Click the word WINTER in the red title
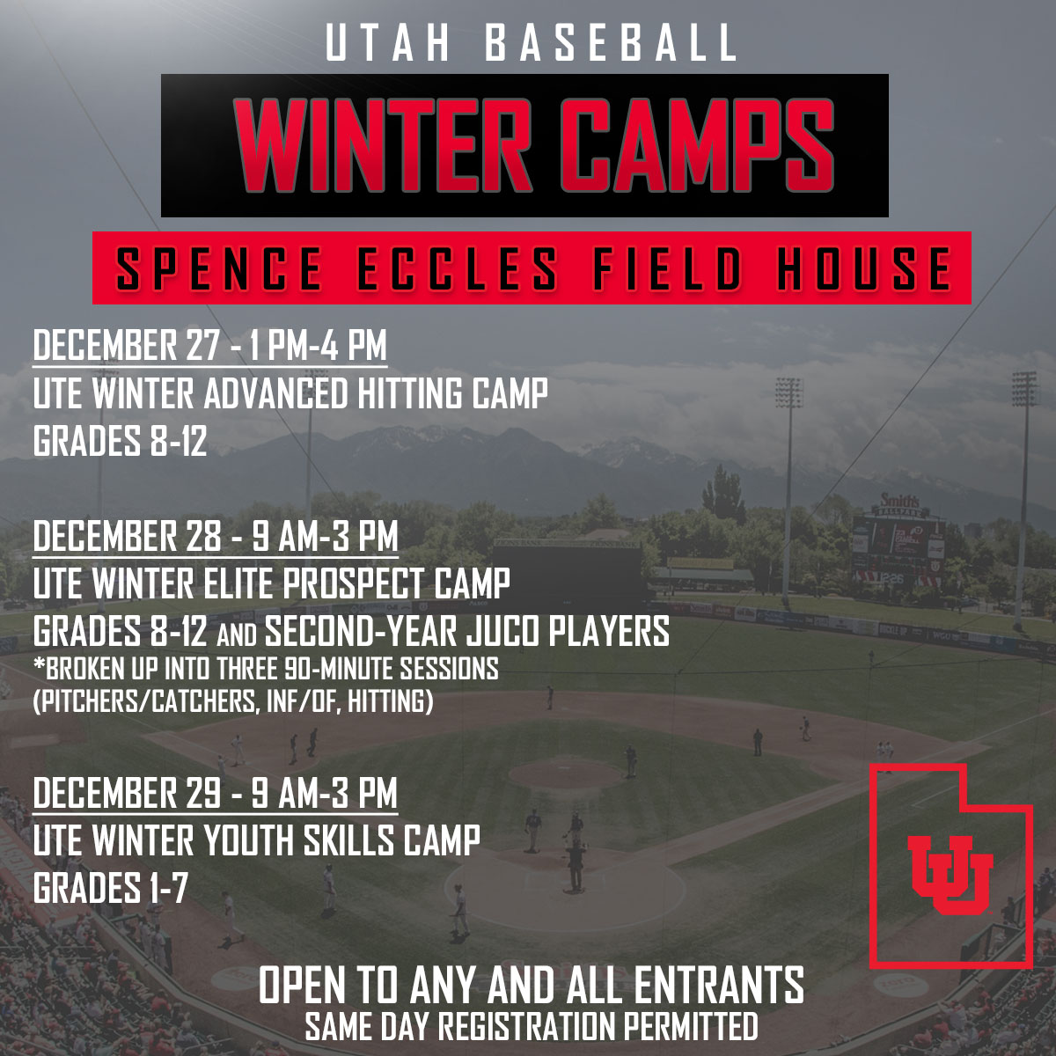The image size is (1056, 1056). click(x=383, y=145)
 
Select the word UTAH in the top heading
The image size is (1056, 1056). click(x=388, y=44)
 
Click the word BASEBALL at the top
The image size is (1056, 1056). click(x=612, y=44)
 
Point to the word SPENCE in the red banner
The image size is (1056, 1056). click(x=219, y=268)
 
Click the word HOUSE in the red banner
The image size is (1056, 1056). click(x=864, y=268)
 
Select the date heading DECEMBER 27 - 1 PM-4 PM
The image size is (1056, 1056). click(x=209, y=345)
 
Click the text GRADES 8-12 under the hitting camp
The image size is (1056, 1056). click(x=120, y=441)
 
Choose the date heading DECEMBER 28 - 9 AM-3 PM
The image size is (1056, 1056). click(x=216, y=536)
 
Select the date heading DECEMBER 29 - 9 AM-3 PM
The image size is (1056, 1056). click(x=216, y=793)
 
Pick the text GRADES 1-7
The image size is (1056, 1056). click(x=110, y=888)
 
